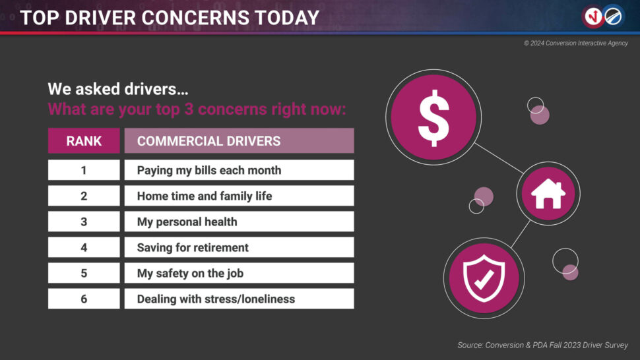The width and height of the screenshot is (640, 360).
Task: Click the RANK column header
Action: click(84, 140)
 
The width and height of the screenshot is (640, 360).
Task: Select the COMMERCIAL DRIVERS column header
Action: click(240, 140)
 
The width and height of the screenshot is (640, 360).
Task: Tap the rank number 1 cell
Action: click(84, 170)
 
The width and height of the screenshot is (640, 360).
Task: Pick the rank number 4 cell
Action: click(84, 247)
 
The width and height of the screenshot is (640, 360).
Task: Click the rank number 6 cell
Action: click(84, 299)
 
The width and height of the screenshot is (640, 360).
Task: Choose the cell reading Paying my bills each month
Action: click(240, 170)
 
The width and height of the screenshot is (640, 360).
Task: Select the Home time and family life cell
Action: click(240, 196)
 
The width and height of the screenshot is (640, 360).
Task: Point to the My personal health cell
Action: click(240, 222)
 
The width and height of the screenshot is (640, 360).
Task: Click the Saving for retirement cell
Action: click(240, 247)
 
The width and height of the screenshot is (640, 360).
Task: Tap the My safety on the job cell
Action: click(240, 273)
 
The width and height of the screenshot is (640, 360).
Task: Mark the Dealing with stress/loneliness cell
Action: click(240, 299)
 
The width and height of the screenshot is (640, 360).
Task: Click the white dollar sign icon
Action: click(433, 118)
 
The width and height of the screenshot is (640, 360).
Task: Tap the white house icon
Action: click(548, 194)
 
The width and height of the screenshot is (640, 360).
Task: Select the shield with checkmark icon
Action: click(484, 278)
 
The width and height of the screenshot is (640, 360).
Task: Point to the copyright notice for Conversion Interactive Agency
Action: click(576, 44)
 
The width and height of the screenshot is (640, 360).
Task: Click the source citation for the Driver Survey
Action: click(542, 345)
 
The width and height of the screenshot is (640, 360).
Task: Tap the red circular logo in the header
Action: click(593, 16)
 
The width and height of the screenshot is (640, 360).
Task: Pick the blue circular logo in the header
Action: click(614, 16)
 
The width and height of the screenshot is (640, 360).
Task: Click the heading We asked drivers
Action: click(118, 89)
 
